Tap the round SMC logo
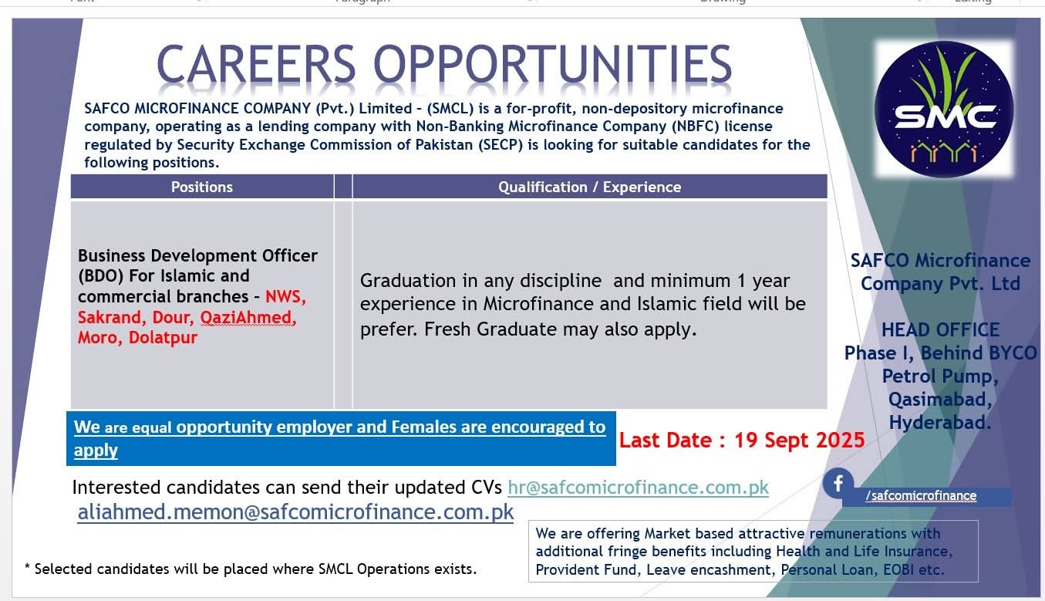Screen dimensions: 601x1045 pyautogui.click(x=945, y=110)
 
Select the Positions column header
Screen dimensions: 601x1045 pyautogui.click(x=202, y=187)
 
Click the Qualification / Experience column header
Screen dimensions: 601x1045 pyautogui.click(x=589, y=187)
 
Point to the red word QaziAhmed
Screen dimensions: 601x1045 pyautogui.click(x=248, y=317)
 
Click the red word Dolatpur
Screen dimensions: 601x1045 pyautogui.click(x=163, y=337)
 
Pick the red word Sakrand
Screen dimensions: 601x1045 pyautogui.click(x=110, y=317)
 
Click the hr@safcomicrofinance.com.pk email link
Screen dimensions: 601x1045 pyautogui.click(x=638, y=488)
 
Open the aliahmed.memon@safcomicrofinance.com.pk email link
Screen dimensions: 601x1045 pyautogui.click(x=295, y=512)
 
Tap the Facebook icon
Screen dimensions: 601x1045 pyautogui.click(x=838, y=484)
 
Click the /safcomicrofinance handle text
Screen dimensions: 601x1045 pyautogui.click(x=921, y=496)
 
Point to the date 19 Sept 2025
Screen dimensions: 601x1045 pyautogui.click(x=799, y=441)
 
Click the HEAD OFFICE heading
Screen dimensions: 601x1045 pyautogui.click(x=940, y=330)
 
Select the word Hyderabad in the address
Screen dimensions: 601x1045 pyautogui.click(x=939, y=423)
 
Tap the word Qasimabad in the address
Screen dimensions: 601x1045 pyautogui.click(x=939, y=400)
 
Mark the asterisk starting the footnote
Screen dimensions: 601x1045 pyautogui.click(x=28, y=569)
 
